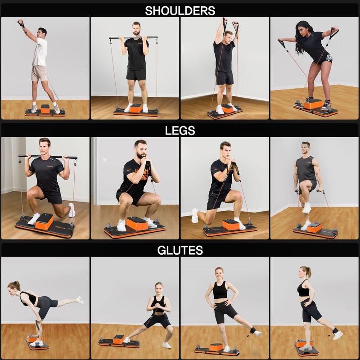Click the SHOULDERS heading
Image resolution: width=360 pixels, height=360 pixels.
[x=180, y=10]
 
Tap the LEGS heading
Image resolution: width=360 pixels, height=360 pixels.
[x=180, y=130]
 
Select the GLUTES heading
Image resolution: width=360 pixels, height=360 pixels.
[x=180, y=250]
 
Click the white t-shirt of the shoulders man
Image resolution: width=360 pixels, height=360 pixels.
[x=40, y=52]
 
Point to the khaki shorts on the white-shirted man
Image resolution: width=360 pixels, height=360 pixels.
[x=39, y=73]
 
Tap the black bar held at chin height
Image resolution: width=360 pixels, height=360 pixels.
[x=134, y=38]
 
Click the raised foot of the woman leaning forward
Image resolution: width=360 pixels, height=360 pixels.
[x=80, y=300]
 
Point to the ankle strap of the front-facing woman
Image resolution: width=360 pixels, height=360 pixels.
[x=254, y=331]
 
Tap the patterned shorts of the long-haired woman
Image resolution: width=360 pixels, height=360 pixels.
[x=327, y=58]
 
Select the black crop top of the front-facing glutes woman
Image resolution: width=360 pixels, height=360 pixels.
[x=220, y=290]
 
